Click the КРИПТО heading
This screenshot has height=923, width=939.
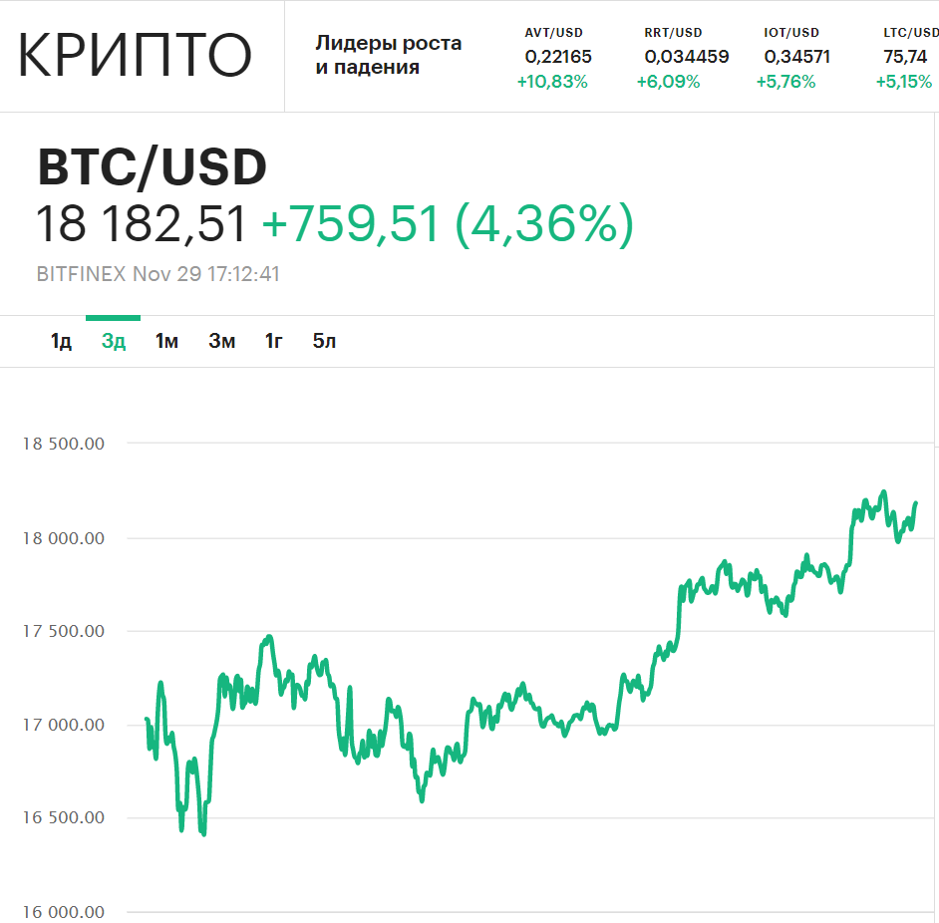[x=135, y=56]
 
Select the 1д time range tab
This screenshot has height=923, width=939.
[x=61, y=342]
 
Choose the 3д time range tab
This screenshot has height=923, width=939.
[x=114, y=342]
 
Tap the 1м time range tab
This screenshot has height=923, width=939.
[x=166, y=342]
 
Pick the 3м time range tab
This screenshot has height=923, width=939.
[x=221, y=342]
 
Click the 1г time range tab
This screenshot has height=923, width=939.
[x=273, y=342]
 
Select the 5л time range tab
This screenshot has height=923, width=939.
[x=324, y=342]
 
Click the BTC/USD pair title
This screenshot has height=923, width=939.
[x=153, y=167]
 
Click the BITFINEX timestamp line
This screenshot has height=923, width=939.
[x=158, y=274]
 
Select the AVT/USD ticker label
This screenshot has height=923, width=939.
[x=553, y=33]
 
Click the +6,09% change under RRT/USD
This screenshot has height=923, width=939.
[x=668, y=82]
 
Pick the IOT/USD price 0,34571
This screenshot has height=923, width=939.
[x=796, y=57]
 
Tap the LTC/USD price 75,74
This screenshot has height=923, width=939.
[x=904, y=57]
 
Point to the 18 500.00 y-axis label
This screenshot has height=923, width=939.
[x=64, y=445]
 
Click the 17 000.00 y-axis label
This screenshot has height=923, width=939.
[x=64, y=725]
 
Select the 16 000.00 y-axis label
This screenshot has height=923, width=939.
[x=64, y=912]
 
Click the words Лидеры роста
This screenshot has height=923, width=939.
[x=388, y=44]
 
